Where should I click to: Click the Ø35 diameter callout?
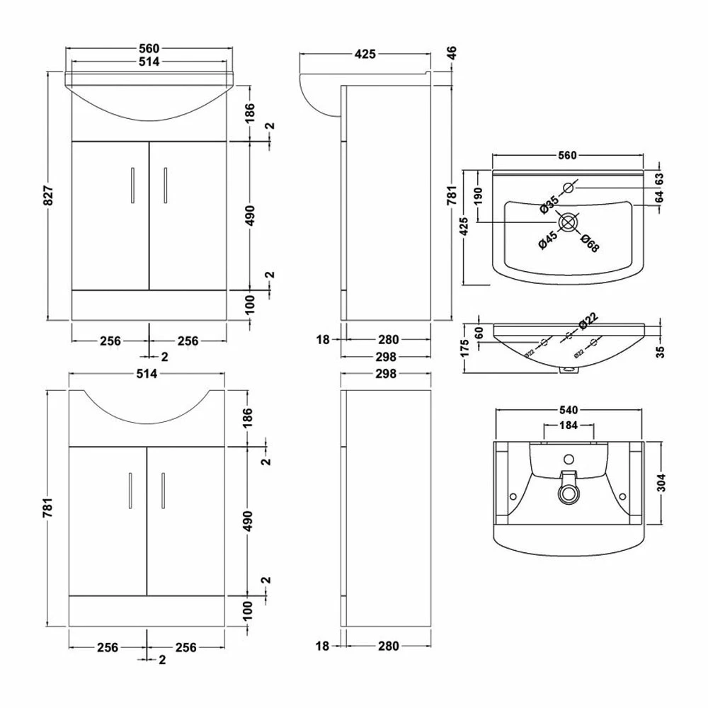click(x=549, y=204)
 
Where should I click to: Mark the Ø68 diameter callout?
click(x=589, y=242)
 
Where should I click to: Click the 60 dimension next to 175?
click(x=479, y=332)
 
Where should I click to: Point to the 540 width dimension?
click(x=569, y=409)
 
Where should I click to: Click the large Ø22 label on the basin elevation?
click(x=589, y=321)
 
